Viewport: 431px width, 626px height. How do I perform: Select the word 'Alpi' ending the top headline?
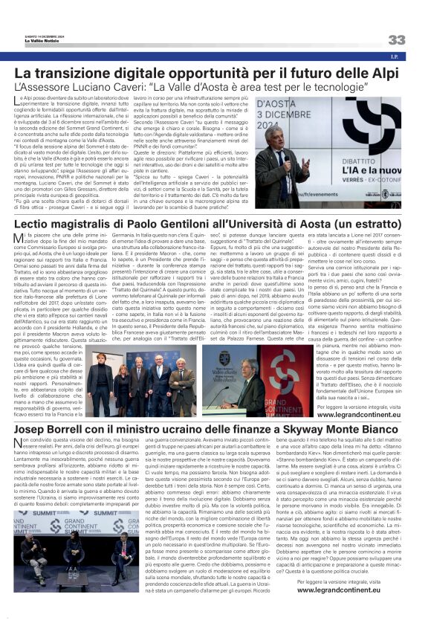(x=385, y=74)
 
